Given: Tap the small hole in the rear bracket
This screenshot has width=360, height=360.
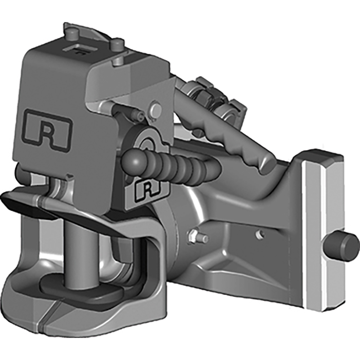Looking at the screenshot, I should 259,235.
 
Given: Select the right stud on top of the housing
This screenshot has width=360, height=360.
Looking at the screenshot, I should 118,45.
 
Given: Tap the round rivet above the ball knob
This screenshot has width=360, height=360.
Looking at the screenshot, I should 157,109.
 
